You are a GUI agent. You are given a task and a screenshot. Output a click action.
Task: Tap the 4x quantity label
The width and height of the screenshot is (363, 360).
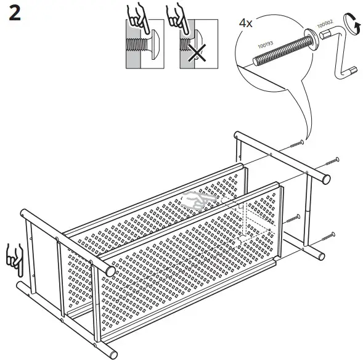pyautogui.click(x=246, y=23)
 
